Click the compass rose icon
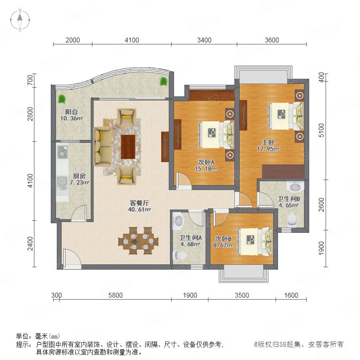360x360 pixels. point(20,20)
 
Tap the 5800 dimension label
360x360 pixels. point(115,295)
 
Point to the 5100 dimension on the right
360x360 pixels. point(322,130)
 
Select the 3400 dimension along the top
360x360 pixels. point(204,40)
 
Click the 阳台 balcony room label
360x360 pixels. point(72,112)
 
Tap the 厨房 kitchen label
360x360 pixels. point(79,176)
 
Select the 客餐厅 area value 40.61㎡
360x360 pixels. point(139,209)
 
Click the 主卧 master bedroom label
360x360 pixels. point(268,142)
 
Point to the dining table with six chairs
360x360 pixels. point(138,241)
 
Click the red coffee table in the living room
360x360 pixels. point(128,147)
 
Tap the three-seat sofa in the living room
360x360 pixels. point(102,147)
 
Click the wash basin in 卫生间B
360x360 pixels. point(295,187)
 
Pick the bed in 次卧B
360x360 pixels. point(255,242)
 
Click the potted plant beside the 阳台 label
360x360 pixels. point(62,99)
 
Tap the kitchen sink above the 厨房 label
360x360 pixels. point(62,184)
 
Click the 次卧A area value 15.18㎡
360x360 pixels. point(206,169)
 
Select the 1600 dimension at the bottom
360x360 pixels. point(291,295)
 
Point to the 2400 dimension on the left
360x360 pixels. point(30,244)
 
